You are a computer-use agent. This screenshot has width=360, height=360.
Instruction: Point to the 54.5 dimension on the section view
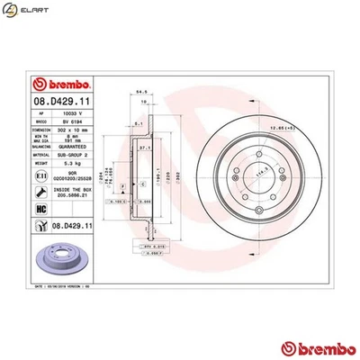pyautogui.click(x=140, y=91)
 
